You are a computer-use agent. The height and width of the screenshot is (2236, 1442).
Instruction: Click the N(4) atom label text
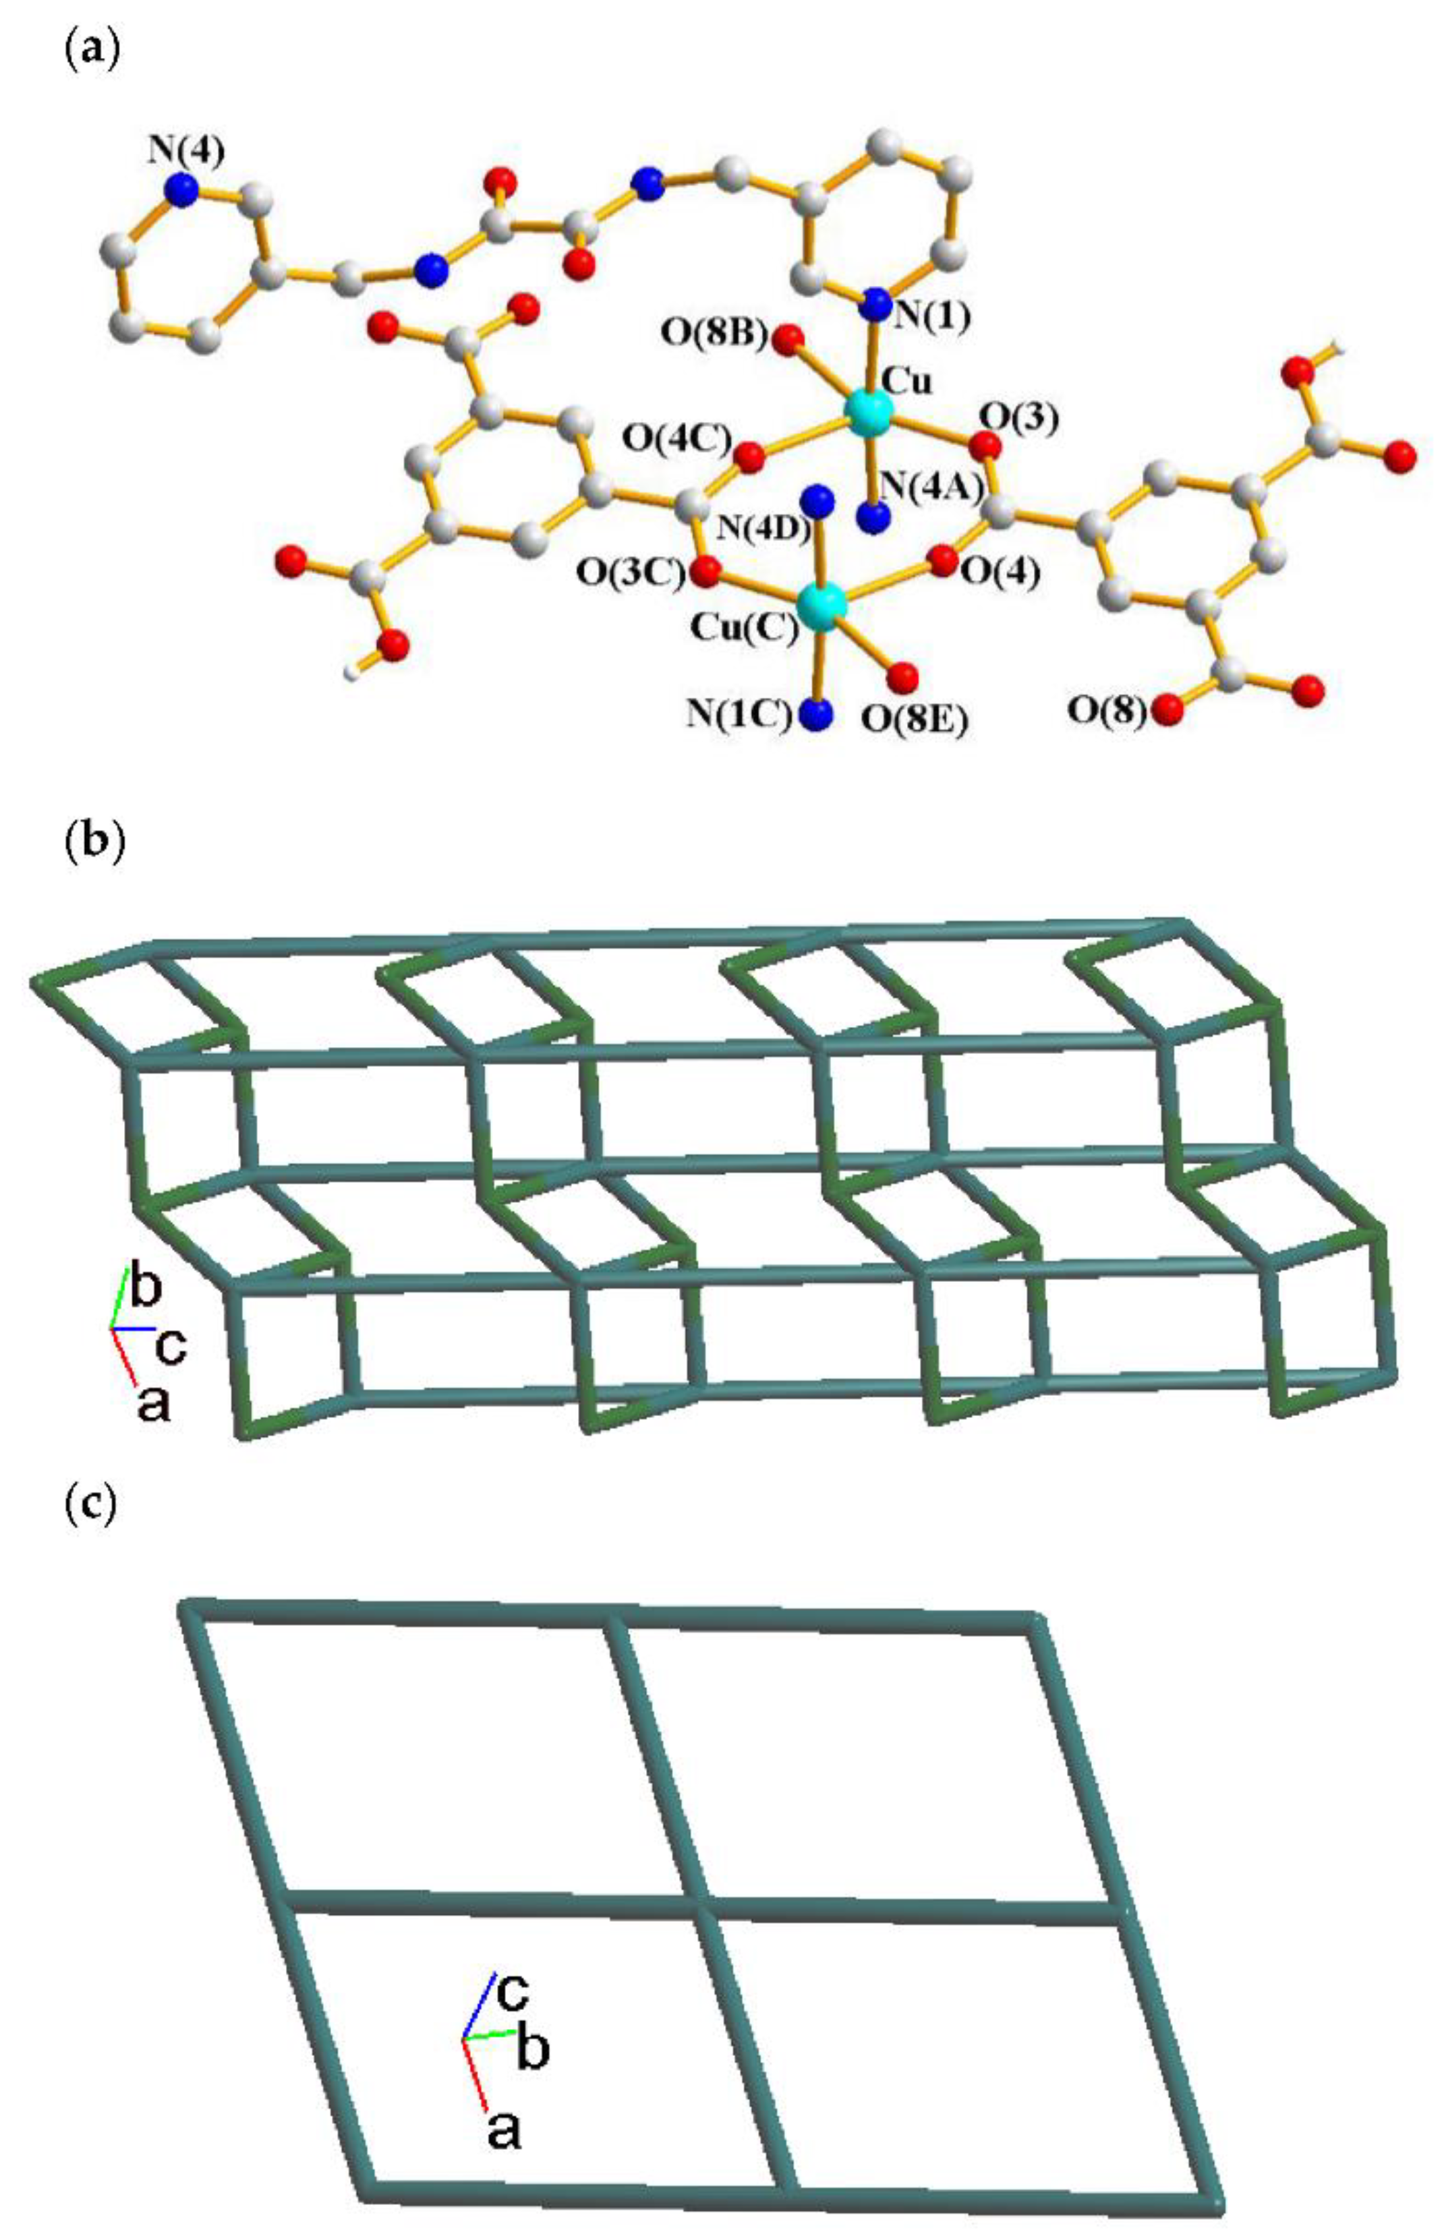point(184,152)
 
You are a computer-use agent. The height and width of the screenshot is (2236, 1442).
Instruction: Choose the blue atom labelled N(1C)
point(817,715)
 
